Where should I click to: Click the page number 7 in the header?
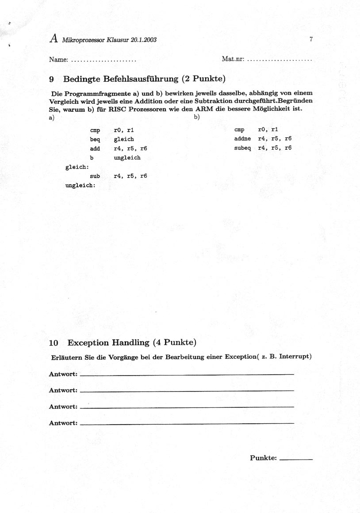[311, 39]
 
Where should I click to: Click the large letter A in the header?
[54, 39]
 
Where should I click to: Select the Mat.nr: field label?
[233, 59]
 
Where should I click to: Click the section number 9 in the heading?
[52, 80]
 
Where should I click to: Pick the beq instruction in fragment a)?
[95, 139]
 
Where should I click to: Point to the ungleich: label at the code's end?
[80, 185]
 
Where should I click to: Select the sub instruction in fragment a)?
[95, 176]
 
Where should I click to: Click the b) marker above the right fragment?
[197, 117]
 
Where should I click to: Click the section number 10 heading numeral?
[54, 342]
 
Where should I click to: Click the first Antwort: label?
[63, 374]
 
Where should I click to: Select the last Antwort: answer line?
[188, 423]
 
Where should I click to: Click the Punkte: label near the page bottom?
[263, 458]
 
